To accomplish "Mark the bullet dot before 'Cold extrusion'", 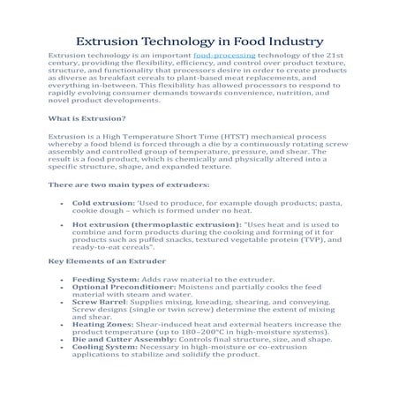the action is pos(59,203).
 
